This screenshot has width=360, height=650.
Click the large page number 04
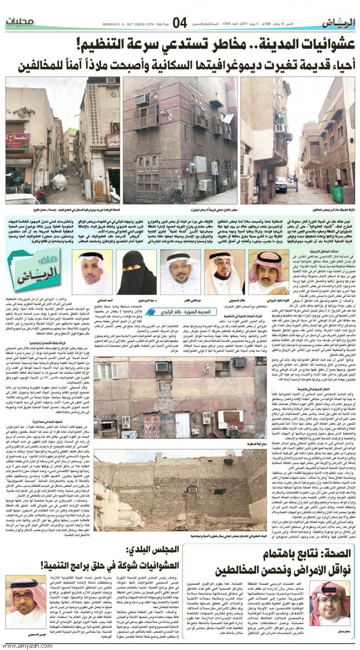pyautogui.click(x=180, y=22)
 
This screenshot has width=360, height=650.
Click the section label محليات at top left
pyautogui.click(x=20, y=22)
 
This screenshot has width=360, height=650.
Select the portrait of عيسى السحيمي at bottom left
pyautogui.click(x=26, y=599)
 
